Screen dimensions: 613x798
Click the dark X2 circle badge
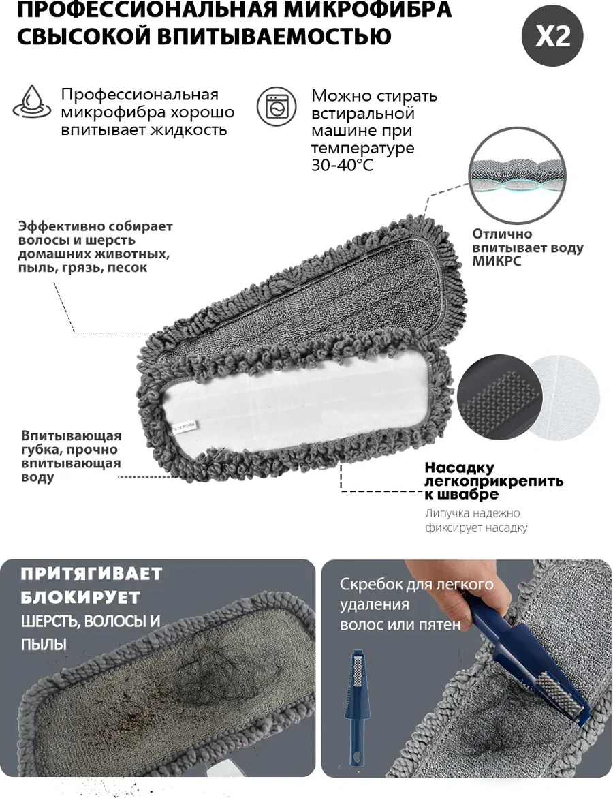[552, 35]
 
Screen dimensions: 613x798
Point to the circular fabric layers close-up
[518, 176]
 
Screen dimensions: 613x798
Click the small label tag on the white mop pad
[185, 425]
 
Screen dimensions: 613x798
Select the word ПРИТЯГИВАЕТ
[91, 574]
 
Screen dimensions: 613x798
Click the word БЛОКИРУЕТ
[80, 597]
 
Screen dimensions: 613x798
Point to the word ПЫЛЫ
[44, 645]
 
